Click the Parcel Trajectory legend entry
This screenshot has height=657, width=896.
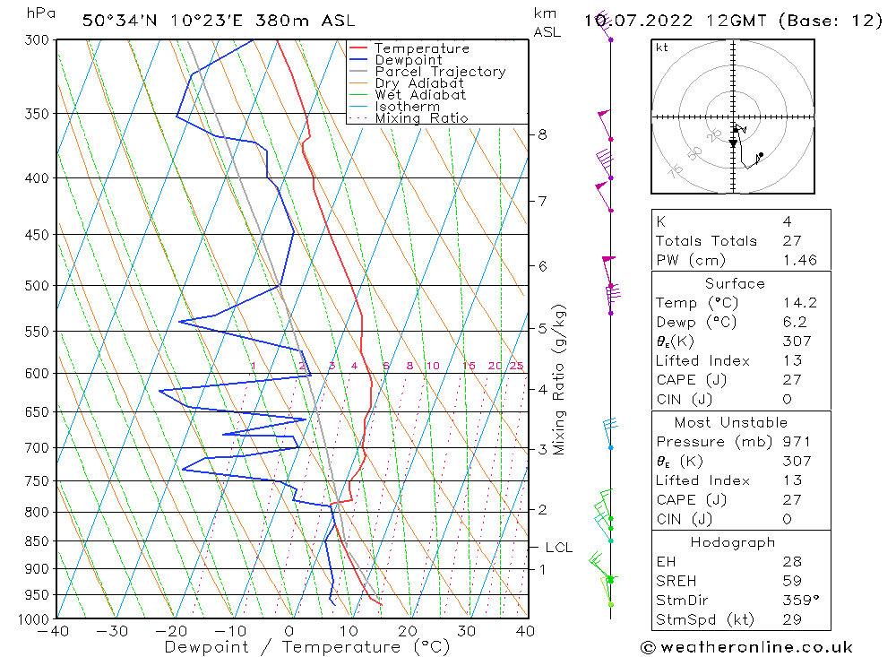click(x=439, y=72)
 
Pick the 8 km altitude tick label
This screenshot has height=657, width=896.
click(x=542, y=135)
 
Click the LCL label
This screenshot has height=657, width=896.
click(x=558, y=548)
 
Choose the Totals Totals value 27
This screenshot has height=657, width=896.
click(x=788, y=241)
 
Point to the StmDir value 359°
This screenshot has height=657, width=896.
click(x=796, y=601)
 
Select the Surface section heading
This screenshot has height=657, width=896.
click(x=735, y=284)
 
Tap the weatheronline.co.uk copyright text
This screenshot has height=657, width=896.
click(x=746, y=647)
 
